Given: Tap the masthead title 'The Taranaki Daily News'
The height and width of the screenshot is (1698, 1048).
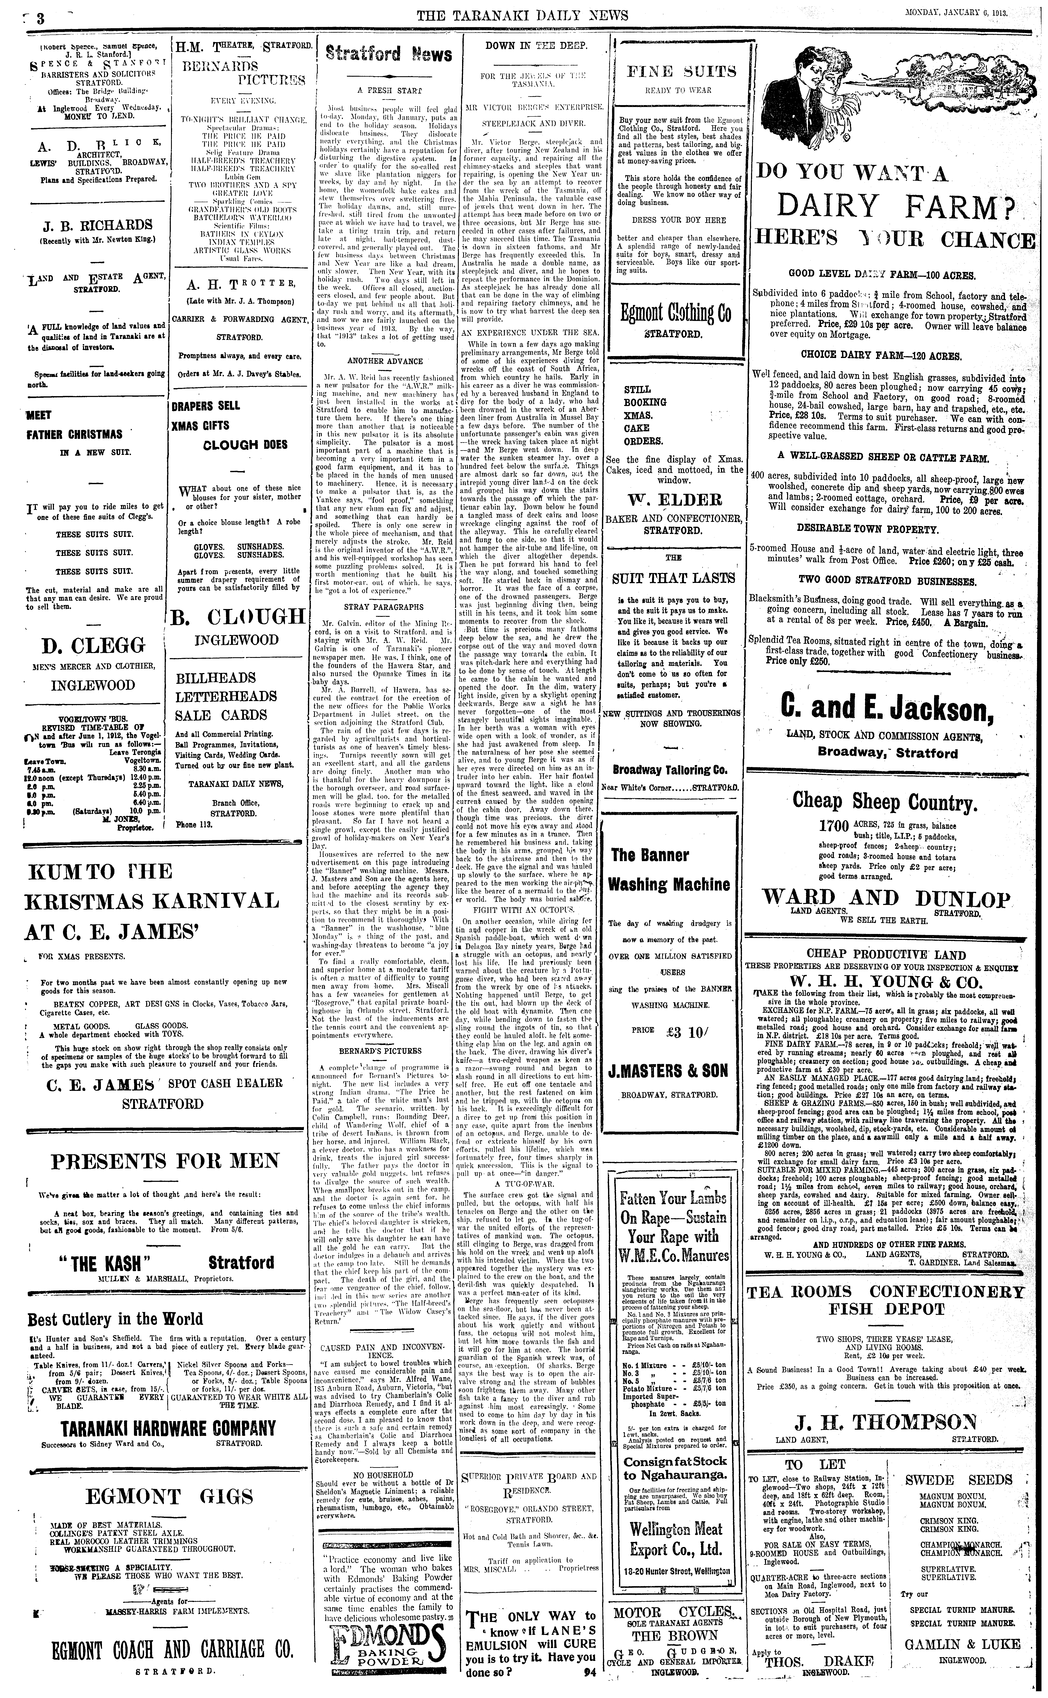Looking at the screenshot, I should (x=523, y=15).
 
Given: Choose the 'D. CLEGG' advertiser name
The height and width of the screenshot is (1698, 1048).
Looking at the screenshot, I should (x=94, y=647).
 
